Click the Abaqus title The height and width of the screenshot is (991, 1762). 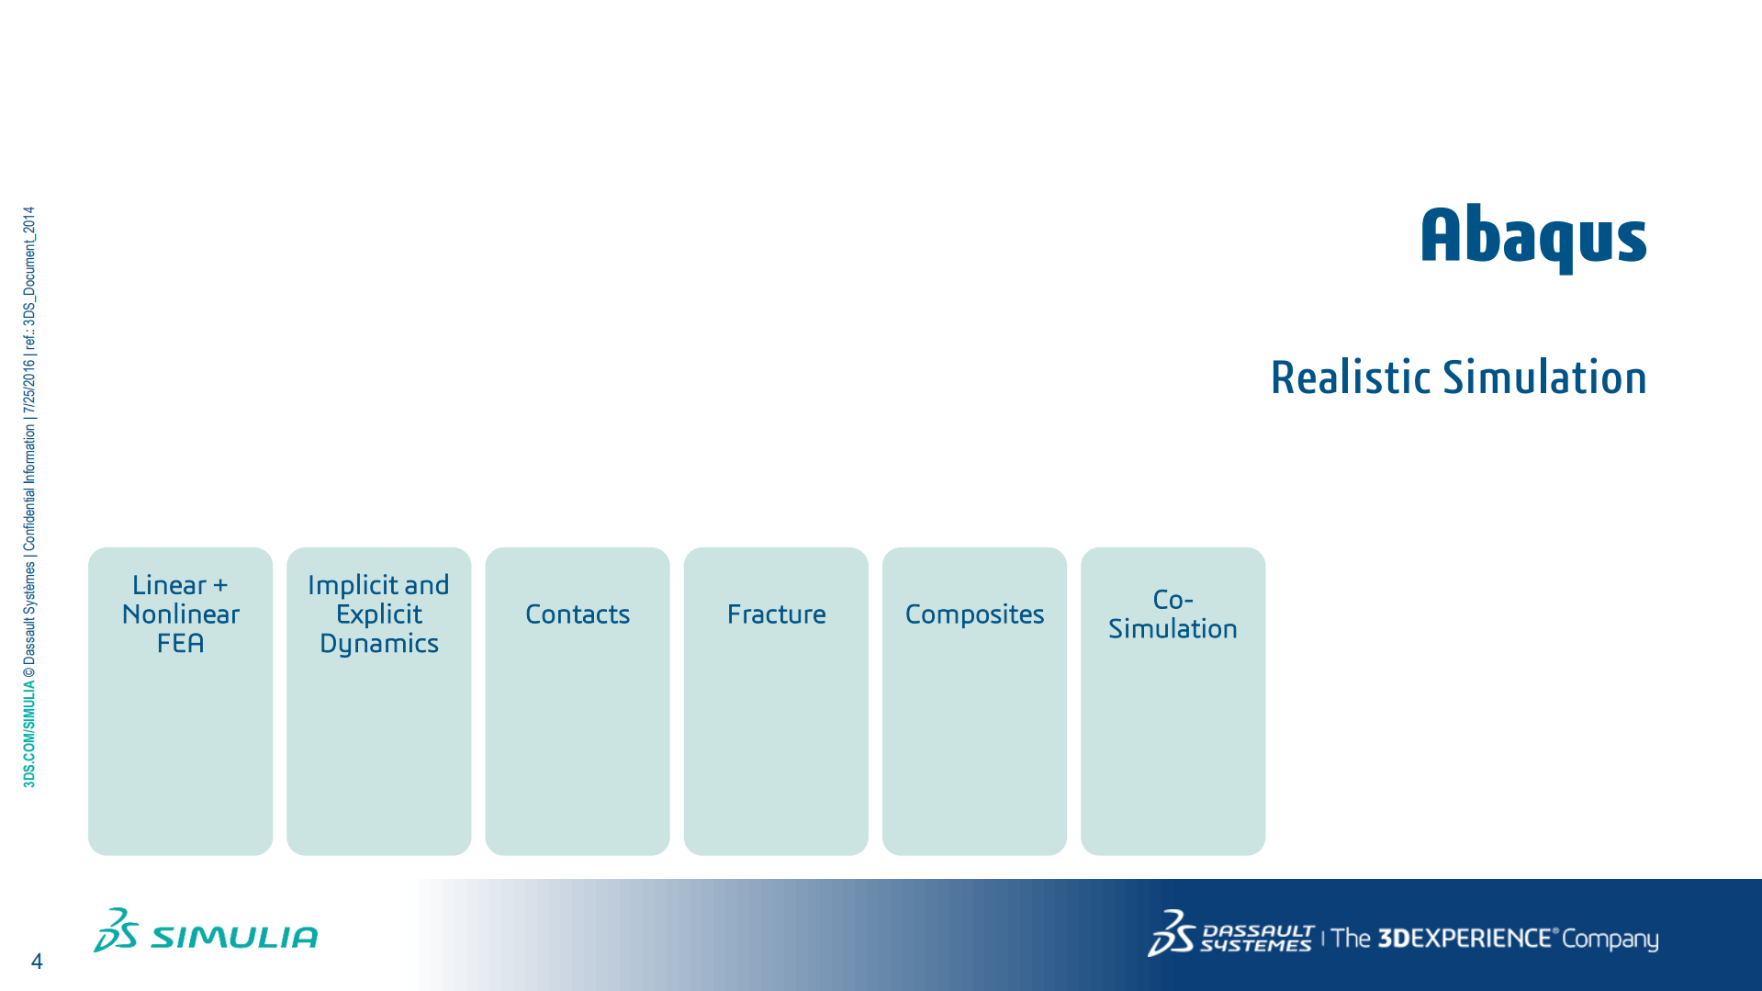1533,237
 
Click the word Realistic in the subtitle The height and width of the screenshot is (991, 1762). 1351,377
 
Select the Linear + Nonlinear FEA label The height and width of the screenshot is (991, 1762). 181,614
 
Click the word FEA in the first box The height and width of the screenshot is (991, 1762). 181,643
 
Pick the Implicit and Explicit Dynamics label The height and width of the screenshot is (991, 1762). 379,614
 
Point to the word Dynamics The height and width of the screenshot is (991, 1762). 379,644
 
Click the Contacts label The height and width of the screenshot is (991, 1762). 578,614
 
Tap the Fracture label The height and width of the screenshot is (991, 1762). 776,614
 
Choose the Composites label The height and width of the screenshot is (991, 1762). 974,614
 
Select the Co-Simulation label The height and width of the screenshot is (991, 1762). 1173,614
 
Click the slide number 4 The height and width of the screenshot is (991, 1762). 37,962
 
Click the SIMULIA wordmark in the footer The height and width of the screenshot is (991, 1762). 234,937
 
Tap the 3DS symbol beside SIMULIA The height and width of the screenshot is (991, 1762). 116,930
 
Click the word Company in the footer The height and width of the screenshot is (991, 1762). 1610,940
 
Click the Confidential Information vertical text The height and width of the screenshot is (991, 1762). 29,488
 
